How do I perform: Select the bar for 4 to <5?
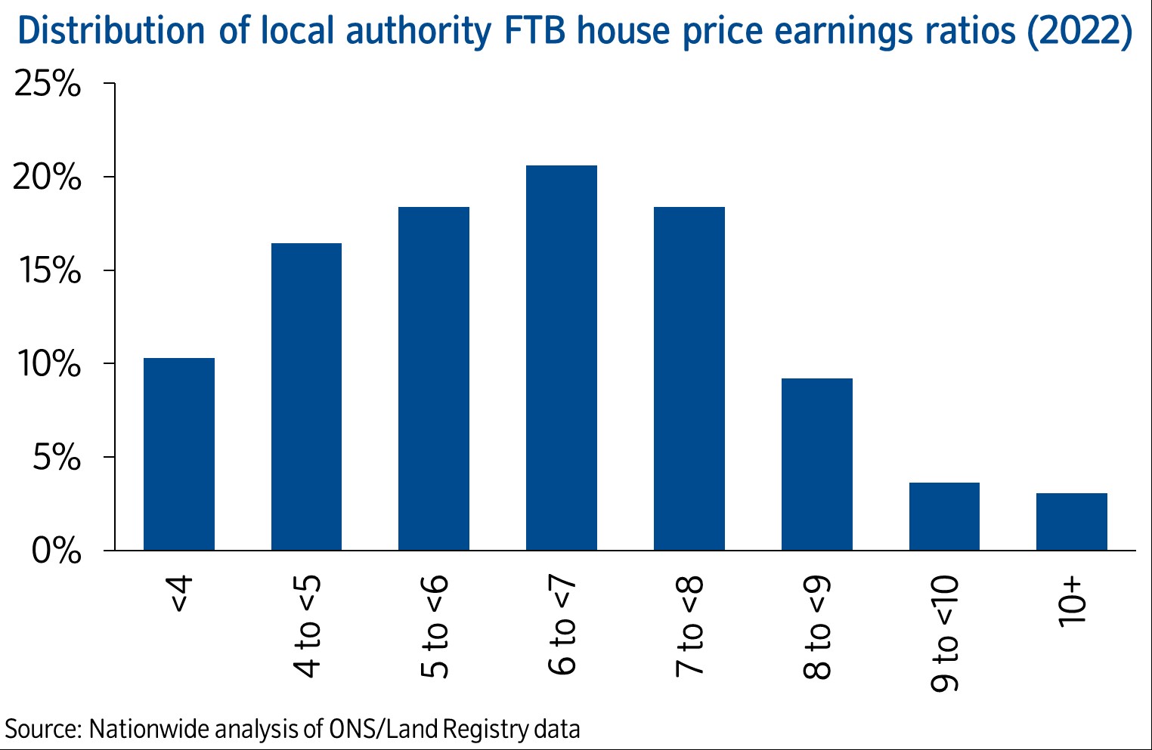tap(306, 397)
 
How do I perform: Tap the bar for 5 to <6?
tap(434, 378)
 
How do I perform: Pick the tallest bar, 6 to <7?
tap(562, 357)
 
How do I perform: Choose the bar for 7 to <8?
tap(689, 378)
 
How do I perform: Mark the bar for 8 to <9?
tap(817, 464)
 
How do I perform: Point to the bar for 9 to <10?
tap(944, 516)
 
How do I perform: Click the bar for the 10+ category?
tap(1072, 521)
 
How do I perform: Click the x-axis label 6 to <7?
tap(562, 625)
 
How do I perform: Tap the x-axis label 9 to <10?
tap(945, 634)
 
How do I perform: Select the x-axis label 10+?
tap(1073, 603)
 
